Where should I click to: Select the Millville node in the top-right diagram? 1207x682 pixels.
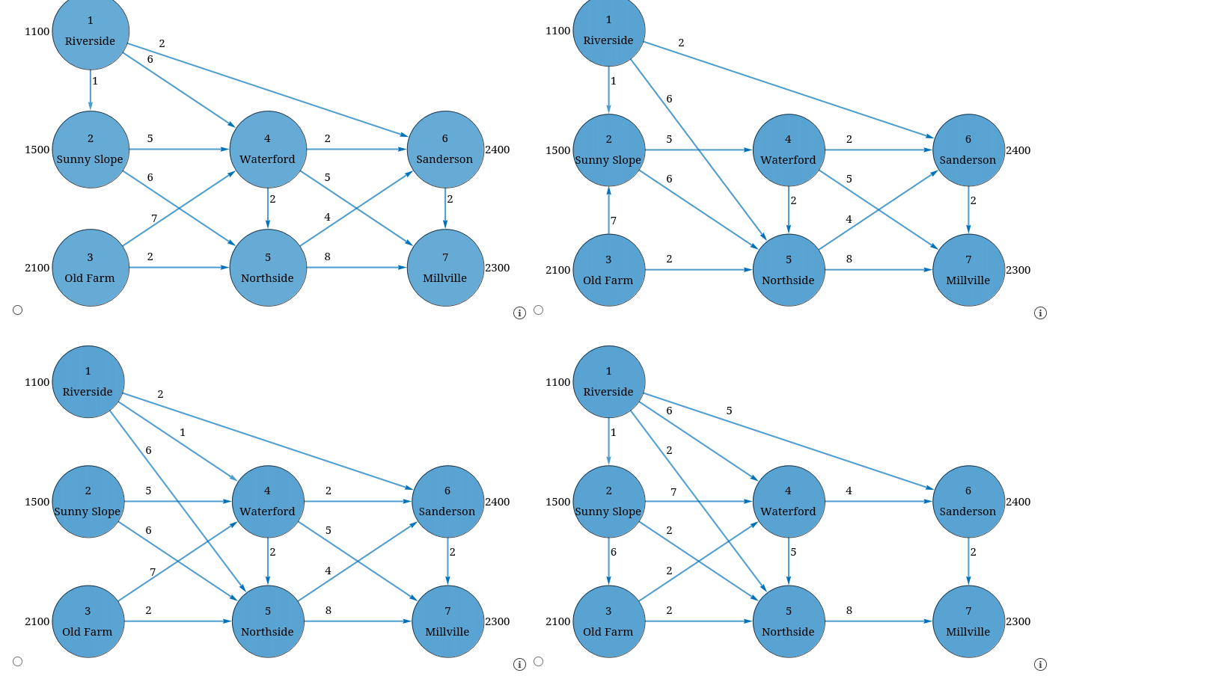pos(968,270)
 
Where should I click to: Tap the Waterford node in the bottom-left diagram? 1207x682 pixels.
pos(268,502)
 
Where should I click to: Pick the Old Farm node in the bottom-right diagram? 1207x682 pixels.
pos(608,621)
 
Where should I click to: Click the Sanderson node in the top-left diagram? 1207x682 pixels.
pos(445,150)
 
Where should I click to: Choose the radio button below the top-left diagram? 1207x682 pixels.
pos(18,310)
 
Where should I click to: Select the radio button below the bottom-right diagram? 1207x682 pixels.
pos(539,662)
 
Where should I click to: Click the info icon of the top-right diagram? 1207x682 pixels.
pos(1040,313)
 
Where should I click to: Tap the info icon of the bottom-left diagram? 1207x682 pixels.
pos(519,665)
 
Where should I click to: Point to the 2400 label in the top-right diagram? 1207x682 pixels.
pos(1018,150)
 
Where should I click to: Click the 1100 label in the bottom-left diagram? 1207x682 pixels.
pos(37,382)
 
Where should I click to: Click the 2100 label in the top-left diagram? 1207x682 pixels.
pos(37,268)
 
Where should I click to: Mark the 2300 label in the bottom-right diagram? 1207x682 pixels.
pos(1018,621)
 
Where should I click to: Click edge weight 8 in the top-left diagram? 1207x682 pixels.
pos(327,256)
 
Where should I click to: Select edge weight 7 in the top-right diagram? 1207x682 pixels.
pos(614,221)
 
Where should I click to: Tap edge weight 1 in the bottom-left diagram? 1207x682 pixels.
pos(183,432)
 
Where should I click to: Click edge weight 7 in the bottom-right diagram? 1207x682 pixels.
pos(673,492)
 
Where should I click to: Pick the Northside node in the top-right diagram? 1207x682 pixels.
pos(789,270)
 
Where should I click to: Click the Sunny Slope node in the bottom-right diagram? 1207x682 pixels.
pos(608,502)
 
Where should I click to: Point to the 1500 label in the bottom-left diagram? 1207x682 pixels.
pos(37,502)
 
